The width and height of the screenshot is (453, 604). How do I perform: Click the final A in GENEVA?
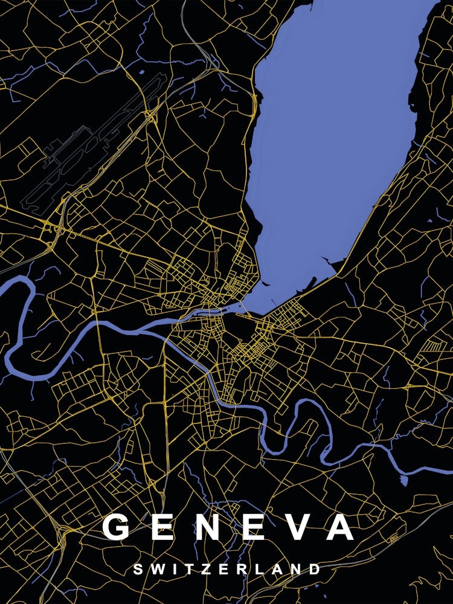(x=340, y=527)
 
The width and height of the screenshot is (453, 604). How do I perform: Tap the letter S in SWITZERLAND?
(x=138, y=569)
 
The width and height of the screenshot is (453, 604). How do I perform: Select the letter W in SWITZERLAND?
(x=156, y=569)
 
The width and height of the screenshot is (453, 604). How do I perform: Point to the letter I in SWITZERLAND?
(x=173, y=569)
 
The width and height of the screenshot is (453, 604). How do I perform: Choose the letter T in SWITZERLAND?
(x=187, y=569)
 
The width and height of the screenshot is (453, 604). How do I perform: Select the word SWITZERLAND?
(x=226, y=569)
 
